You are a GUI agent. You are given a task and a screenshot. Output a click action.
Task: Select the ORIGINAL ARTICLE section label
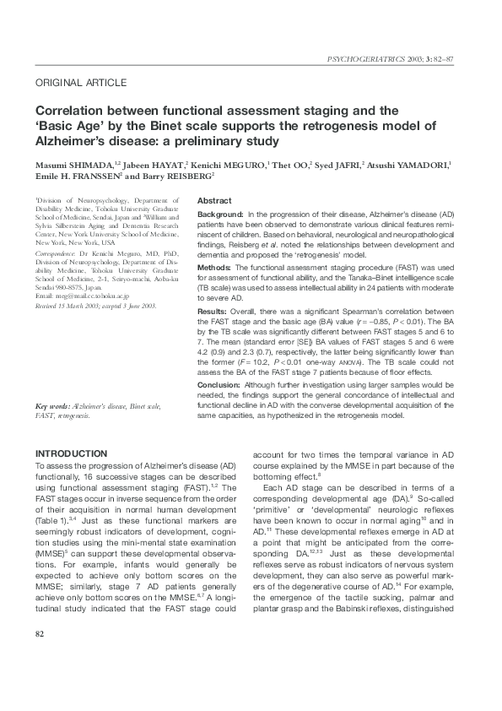point(81,83)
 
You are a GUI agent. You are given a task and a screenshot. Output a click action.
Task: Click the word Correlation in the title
point(69,111)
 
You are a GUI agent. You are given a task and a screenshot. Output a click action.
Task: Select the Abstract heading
point(214,201)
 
